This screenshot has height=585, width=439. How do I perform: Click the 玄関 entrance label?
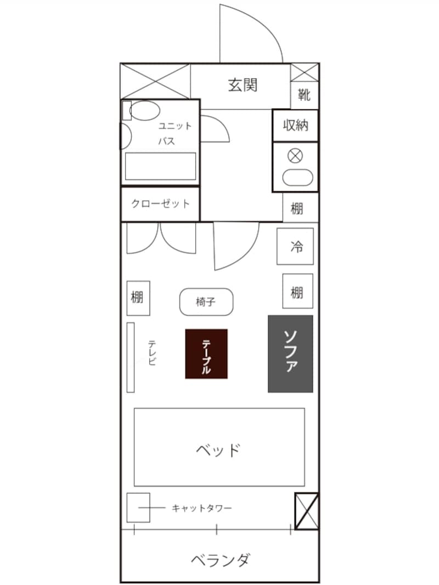[243, 85]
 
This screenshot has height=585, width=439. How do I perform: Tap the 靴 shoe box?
[304, 95]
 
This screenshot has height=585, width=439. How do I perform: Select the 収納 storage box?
[295, 126]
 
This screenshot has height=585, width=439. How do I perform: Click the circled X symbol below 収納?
[295, 156]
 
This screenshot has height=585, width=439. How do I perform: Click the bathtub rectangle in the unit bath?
[160, 166]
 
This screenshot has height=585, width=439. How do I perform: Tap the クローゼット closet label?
[160, 204]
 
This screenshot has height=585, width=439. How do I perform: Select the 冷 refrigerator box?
[296, 247]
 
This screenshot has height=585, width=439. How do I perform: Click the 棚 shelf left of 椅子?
[138, 298]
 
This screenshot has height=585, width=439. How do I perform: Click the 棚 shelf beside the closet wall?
[297, 208]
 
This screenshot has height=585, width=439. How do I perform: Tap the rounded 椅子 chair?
[206, 302]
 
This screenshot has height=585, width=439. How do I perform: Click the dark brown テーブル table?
[206, 354]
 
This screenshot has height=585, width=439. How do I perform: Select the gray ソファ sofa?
[290, 354]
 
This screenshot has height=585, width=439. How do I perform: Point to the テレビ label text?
[152, 353]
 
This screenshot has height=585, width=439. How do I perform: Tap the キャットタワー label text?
[202, 508]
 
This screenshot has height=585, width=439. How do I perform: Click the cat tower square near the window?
[138, 508]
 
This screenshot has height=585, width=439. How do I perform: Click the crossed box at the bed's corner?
[306, 511]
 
